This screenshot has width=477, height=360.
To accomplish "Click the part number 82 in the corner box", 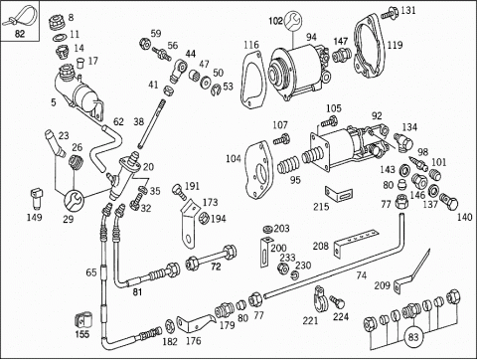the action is [20, 34].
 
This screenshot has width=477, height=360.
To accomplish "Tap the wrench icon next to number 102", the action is [293, 21].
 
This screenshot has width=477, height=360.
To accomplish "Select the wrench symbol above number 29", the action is [74, 200].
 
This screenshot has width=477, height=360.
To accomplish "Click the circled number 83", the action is [413, 337].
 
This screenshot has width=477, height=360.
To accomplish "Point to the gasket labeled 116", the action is [251, 81].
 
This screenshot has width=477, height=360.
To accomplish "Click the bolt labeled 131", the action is [390, 13].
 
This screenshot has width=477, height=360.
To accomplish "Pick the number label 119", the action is [395, 45].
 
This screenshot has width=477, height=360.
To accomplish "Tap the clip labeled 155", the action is [82, 321].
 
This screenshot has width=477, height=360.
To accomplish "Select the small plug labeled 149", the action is [36, 198].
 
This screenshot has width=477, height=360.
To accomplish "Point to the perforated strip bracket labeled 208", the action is [355, 242].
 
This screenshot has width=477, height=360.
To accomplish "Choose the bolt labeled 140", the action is [449, 201].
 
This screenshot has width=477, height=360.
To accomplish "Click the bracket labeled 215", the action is [339, 194].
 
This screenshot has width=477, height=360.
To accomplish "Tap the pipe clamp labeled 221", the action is [320, 299].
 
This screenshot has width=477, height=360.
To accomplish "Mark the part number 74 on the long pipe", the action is [361, 275].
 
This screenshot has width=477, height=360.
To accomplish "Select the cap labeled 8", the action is [57, 23].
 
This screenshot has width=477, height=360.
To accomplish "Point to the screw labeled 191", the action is [180, 193].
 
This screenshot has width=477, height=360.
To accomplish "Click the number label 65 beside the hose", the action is [91, 272].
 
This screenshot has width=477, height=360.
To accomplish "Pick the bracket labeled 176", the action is [195, 323].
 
